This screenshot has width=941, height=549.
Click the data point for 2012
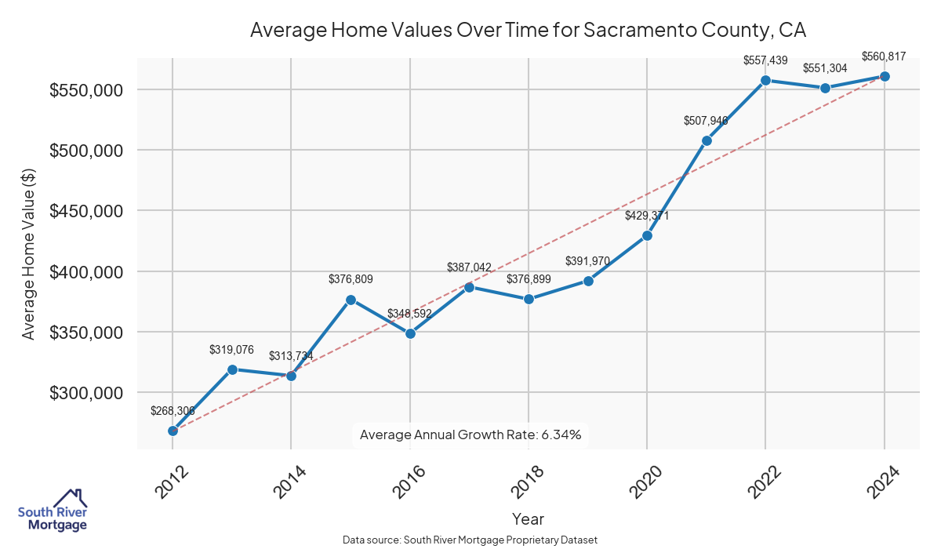tap(173, 431)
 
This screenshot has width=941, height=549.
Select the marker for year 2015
tap(351, 300)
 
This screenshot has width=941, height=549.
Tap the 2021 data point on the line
tap(707, 140)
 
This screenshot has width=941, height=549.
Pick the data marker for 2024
tap(885, 76)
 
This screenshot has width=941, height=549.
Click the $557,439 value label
tap(765, 60)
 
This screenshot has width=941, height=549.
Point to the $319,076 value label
tap(232, 350)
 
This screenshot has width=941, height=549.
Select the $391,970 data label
tap(588, 261)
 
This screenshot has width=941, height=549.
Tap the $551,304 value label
tap(825, 68)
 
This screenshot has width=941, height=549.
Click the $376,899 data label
tap(529, 279)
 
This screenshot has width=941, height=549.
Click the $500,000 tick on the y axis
tap(86, 151)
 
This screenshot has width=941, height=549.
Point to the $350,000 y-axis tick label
tap(86, 333)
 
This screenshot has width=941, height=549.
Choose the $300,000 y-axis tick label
tap(86, 393)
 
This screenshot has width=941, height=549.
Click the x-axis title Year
tap(528, 519)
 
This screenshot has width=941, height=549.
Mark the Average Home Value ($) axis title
tap(29, 253)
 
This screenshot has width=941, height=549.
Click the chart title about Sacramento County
tap(528, 30)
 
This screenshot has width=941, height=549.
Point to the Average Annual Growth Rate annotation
tap(470, 434)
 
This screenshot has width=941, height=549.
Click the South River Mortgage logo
tap(53, 511)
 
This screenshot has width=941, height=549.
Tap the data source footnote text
tap(470, 540)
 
